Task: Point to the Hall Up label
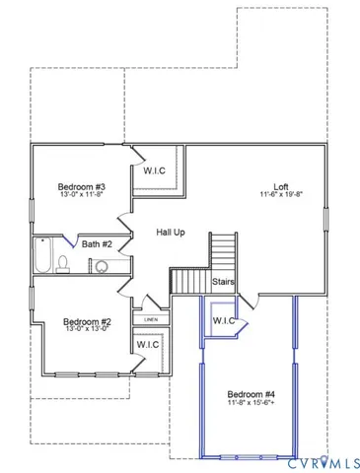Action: pyautogui.click(x=171, y=232)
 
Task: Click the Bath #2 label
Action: pyautogui.click(x=97, y=243)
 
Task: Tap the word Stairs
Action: pyautogui.click(x=223, y=282)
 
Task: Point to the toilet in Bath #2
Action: pyautogui.click(x=63, y=263)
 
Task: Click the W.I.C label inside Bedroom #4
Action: pyautogui.click(x=222, y=320)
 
